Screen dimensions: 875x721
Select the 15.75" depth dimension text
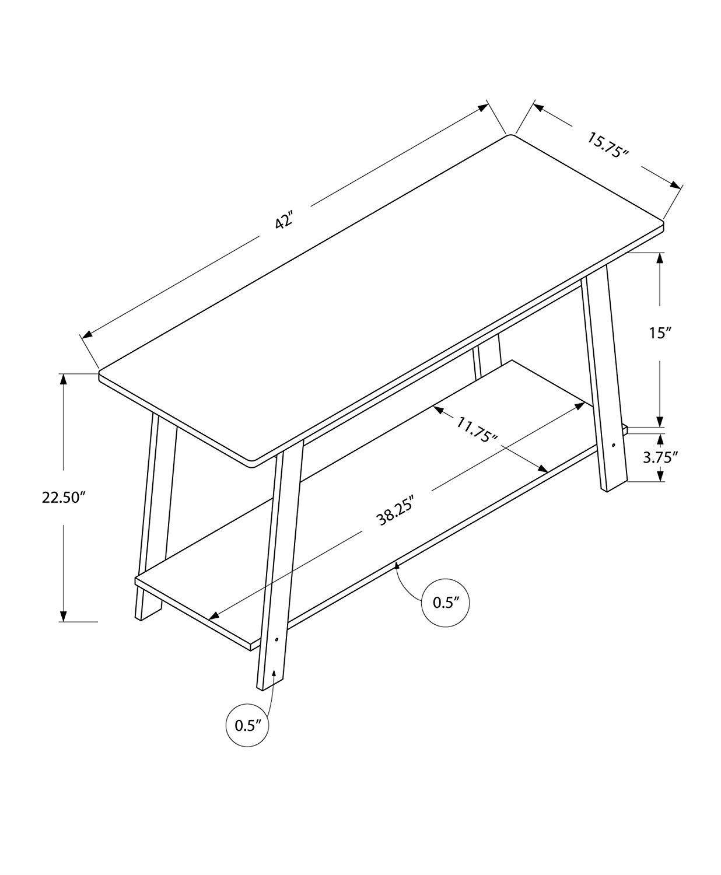point(608,145)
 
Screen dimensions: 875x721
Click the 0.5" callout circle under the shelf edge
point(446,603)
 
